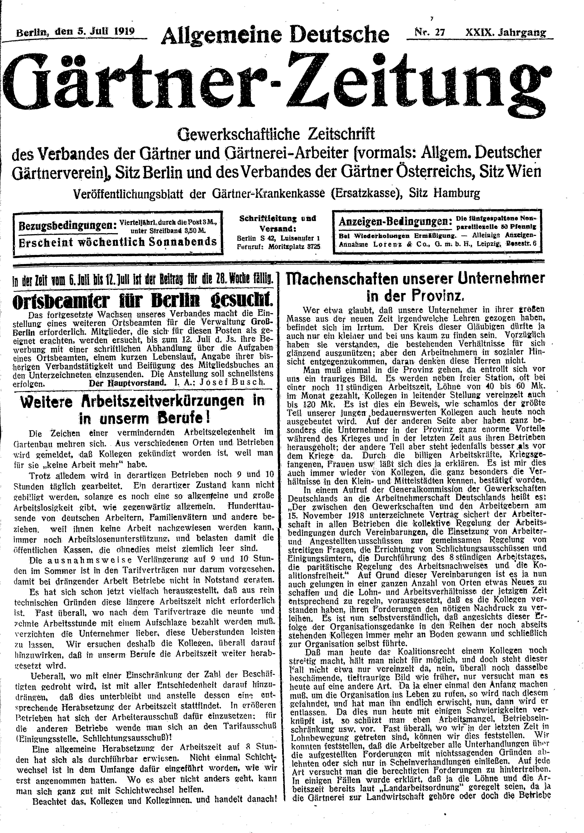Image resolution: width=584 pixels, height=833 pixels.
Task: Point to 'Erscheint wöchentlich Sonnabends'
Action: click(x=118, y=242)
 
